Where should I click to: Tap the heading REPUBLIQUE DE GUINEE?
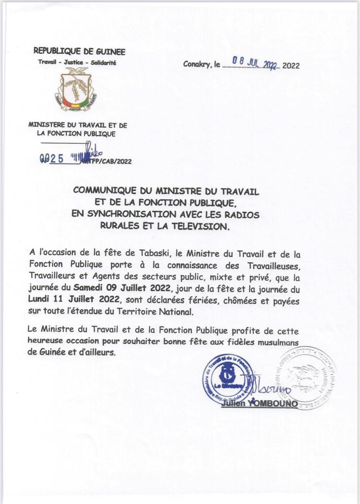[79, 51]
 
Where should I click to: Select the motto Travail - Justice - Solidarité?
[77, 63]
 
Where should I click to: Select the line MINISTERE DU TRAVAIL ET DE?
[77, 125]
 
